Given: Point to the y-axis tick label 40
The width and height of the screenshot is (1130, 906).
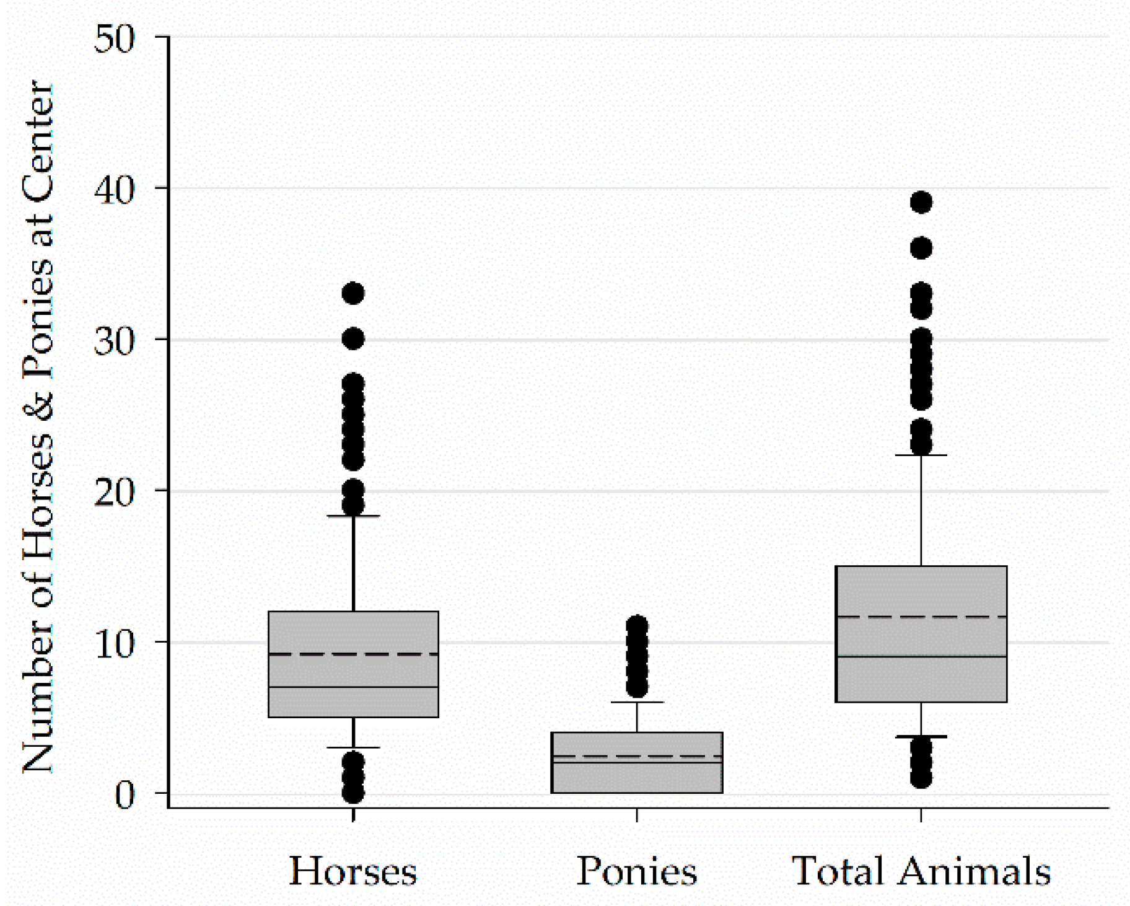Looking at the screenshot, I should point(115,190).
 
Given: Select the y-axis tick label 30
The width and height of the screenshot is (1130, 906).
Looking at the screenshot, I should point(115,341).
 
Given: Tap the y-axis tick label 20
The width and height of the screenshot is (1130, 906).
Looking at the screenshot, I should point(115,492).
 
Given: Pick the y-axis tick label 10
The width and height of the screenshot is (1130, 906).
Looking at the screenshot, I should point(115,644).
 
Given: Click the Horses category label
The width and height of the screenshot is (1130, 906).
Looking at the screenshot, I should point(353,871).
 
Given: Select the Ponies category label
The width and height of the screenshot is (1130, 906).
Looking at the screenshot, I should point(637,871).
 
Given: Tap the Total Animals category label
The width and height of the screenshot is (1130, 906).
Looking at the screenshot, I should point(921,871).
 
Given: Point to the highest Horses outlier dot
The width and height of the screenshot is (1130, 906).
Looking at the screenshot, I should point(353,293).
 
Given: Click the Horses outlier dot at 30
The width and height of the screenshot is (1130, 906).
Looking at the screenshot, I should point(353,339).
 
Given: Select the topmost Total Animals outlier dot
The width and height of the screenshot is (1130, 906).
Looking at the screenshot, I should point(921,202).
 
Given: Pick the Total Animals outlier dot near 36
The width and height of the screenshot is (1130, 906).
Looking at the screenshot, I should point(921,248).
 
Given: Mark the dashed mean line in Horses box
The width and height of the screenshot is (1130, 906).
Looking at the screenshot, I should point(353,654).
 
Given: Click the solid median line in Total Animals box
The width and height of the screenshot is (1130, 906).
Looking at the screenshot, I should point(921,656).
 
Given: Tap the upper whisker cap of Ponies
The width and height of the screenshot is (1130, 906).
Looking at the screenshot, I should point(637,702).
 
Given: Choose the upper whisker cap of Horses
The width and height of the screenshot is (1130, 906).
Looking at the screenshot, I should point(353,516).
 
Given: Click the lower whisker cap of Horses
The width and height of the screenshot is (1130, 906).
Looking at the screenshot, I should point(353,747).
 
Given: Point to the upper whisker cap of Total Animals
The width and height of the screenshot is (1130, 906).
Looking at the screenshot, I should point(921,455).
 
